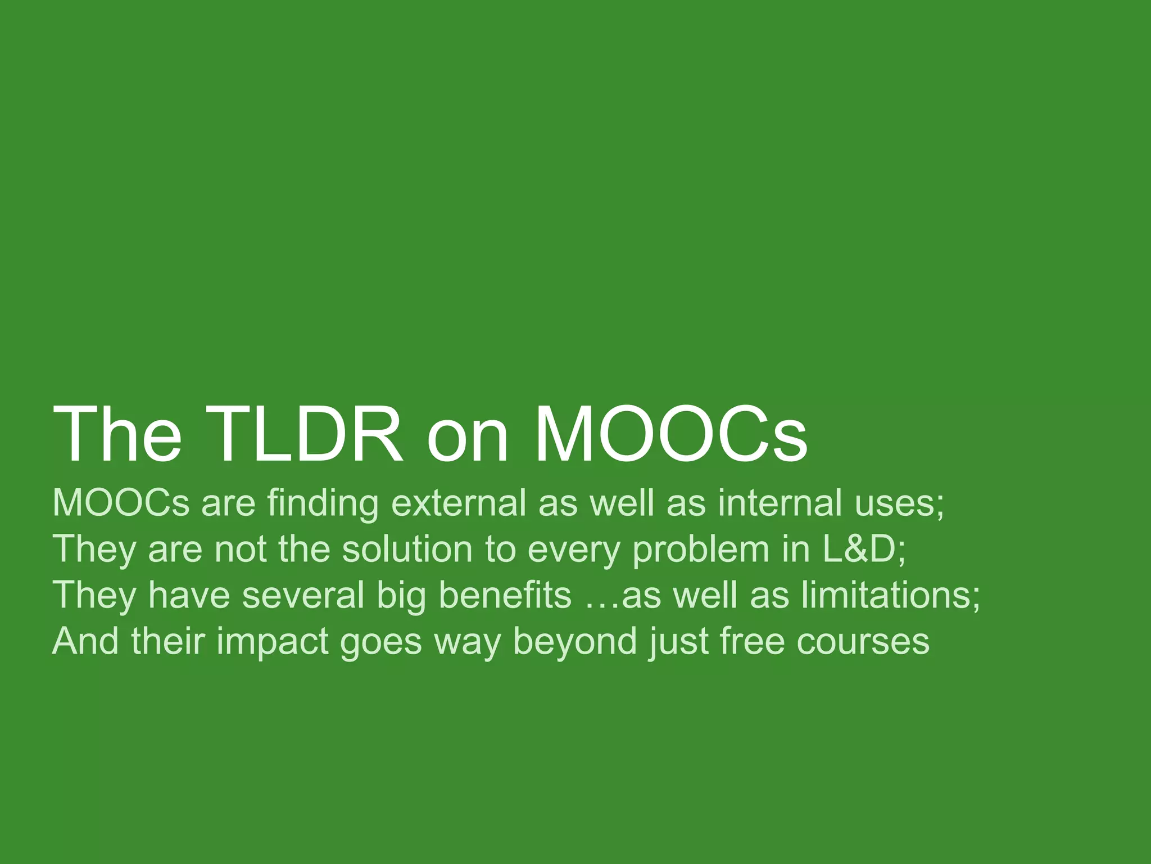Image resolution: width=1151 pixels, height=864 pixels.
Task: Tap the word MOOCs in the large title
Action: pos(671,435)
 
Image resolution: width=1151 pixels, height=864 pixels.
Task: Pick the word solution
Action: pos(407,549)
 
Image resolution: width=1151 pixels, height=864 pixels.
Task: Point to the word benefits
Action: pos(505,595)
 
